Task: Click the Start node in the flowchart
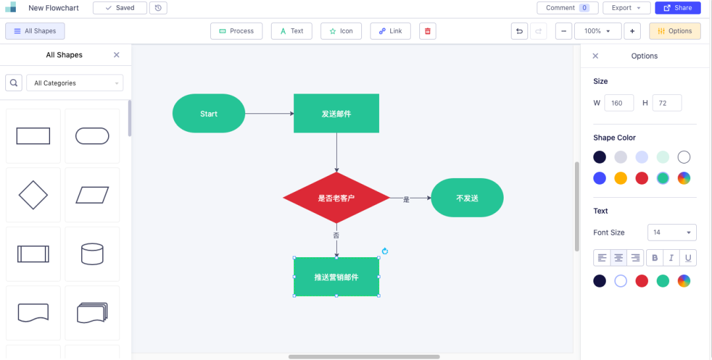coord(208,113)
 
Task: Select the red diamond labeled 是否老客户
coord(336,198)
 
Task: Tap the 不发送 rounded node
coord(467,198)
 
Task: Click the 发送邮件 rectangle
coord(336,113)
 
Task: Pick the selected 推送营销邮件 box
coord(336,277)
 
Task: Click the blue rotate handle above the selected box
coord(385,251)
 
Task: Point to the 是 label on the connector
coord(406,199)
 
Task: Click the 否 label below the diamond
coord(336,235)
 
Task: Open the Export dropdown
coord(626,8)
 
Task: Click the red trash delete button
coord(427,31)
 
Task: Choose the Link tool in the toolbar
coord(390,31)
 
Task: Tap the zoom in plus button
coord(632,31)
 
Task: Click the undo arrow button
coord(519,31)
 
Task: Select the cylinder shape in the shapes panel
coord(92,254)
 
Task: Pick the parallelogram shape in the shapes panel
coord(92,195)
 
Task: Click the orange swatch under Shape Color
coord(621,179)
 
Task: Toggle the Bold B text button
coord(655,258)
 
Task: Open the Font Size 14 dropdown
coord(672,233)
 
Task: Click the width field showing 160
coord(619,103)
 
